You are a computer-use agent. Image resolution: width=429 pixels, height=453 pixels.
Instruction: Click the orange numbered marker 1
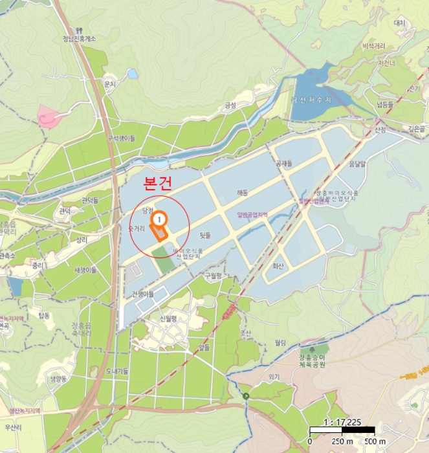(x=158, y=220)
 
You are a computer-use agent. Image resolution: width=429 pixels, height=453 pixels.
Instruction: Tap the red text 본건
(x=157, y=184)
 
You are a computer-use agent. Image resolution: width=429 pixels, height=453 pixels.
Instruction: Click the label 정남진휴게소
(x=79, y=39)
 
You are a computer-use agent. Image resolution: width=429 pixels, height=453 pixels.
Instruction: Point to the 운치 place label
(x=109, y=84)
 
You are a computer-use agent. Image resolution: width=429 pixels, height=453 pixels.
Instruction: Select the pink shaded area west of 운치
(x=49, y=117)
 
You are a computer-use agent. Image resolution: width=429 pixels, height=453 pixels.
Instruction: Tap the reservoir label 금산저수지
(x=311, y=100)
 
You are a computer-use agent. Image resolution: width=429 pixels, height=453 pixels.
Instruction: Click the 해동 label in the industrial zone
(x=243, y=192)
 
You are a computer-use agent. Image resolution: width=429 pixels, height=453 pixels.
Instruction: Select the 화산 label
(x=278, y=265)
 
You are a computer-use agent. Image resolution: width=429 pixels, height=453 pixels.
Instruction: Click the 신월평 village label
(x=168, y=318)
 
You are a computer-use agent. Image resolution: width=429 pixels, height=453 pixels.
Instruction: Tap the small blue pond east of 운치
(x=133, y=74)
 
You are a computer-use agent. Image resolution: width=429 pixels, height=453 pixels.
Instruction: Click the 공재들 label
(x=284, y=163)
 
